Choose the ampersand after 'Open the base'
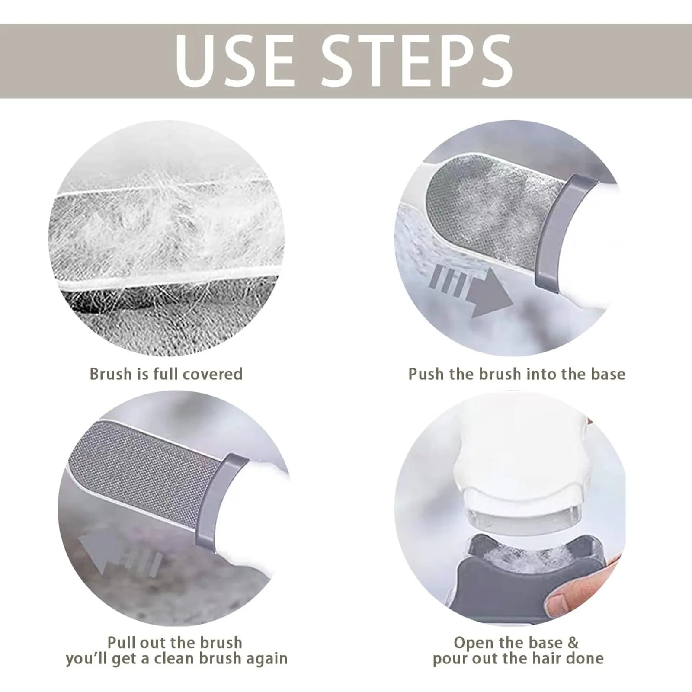coord(573,642)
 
